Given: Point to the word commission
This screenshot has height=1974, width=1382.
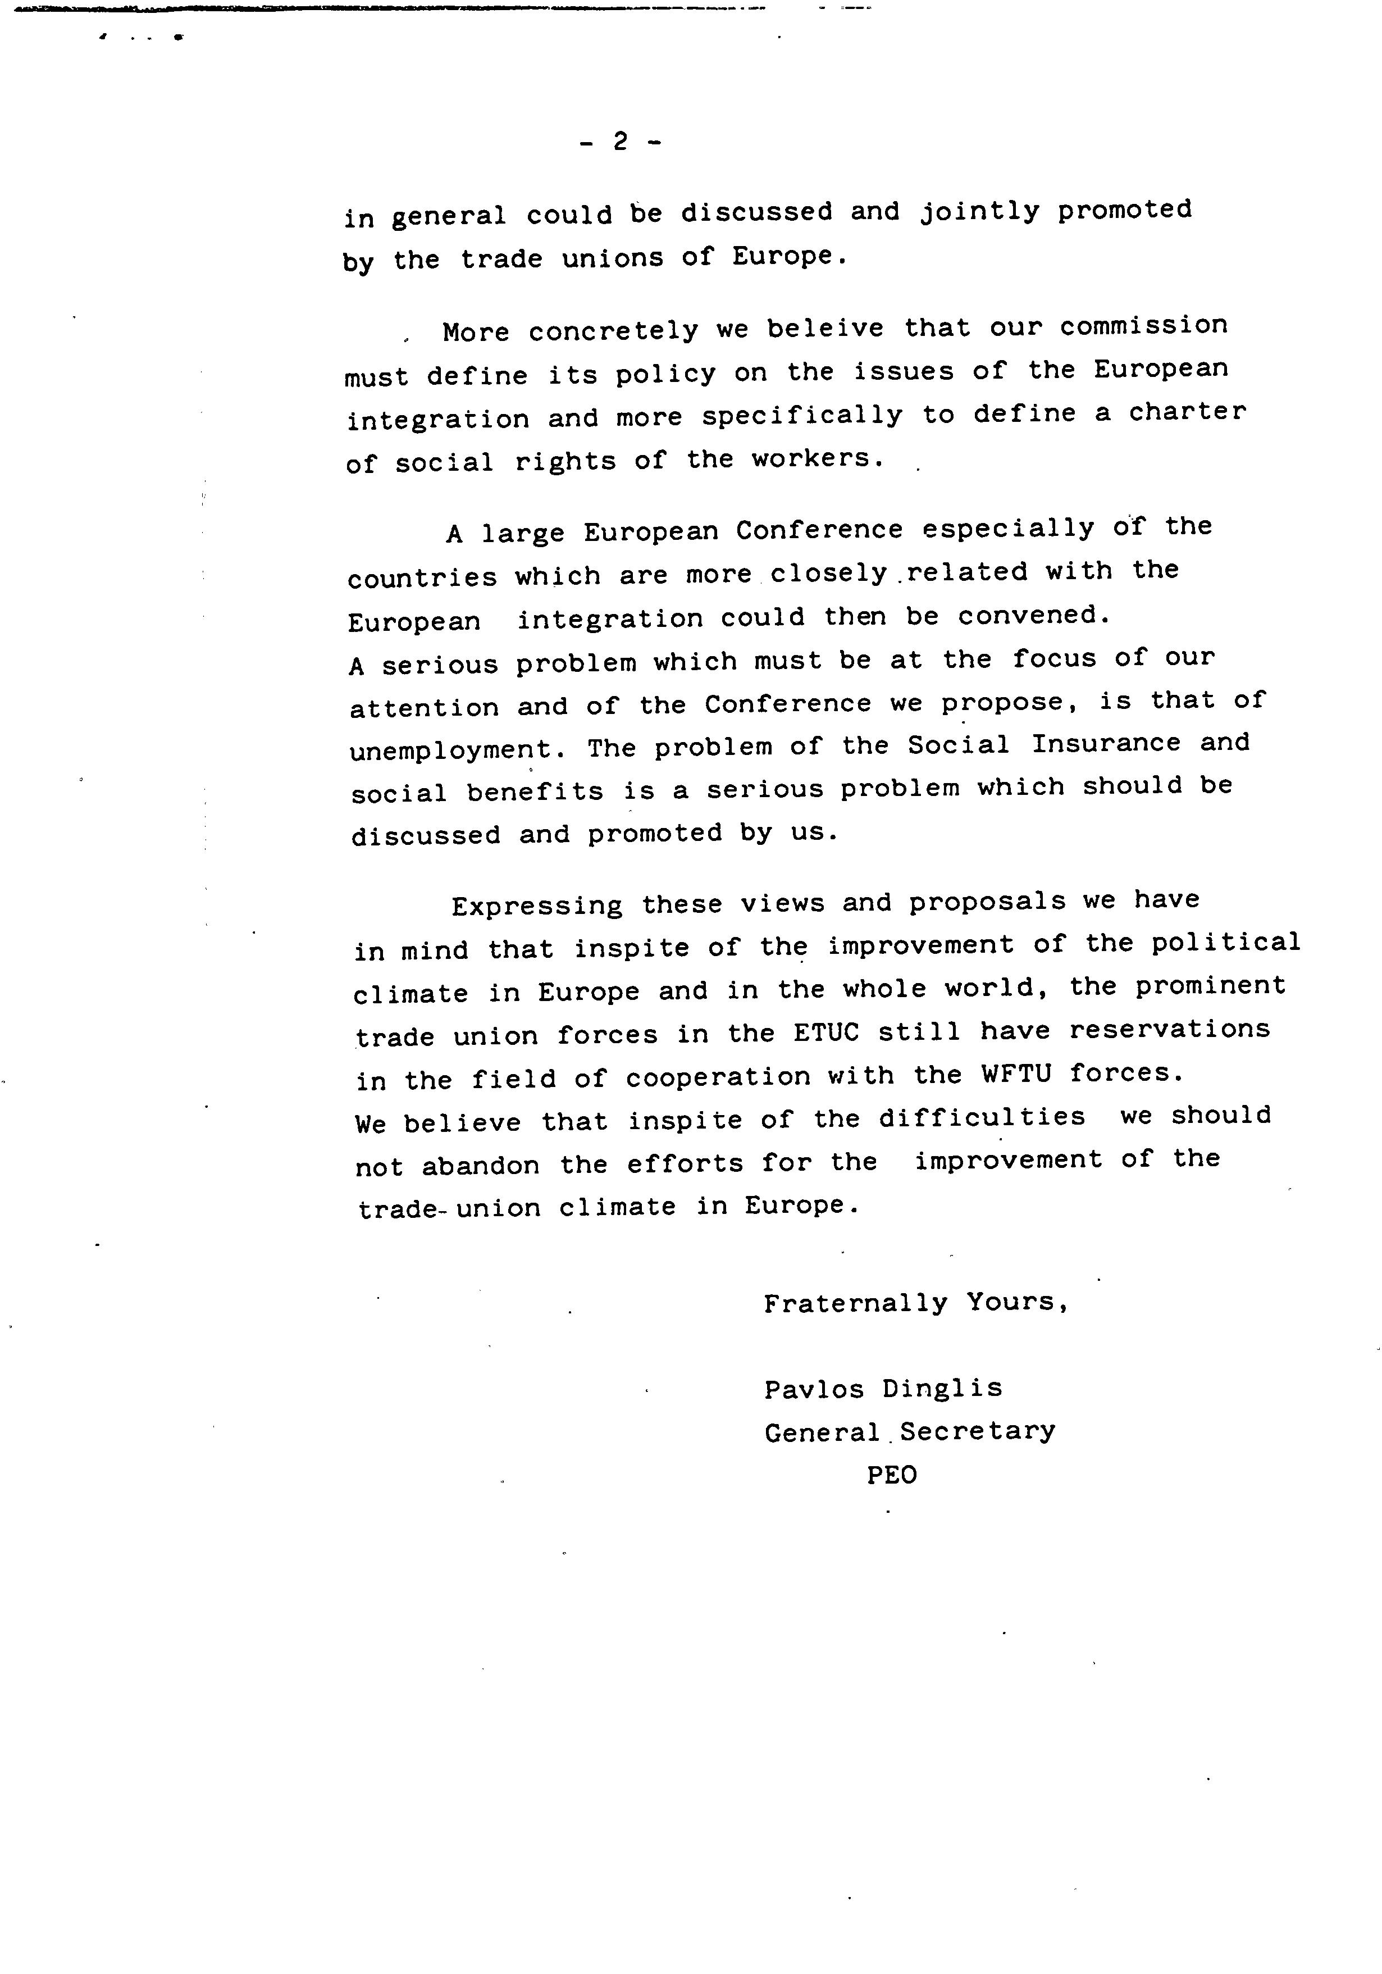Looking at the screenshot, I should coord(1143,326).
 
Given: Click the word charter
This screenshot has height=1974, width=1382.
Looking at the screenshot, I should coord(1187,413).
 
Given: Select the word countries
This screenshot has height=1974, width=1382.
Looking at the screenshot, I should coord(422,577).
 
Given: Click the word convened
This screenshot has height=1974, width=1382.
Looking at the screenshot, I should coord(1033,616).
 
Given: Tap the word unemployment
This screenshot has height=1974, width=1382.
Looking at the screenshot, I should coord(457,751).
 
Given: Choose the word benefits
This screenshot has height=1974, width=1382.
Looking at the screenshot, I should coord(535,791).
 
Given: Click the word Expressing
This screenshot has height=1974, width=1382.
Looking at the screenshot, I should coord(537,906).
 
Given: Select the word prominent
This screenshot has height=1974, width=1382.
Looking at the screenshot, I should coord(1210,986).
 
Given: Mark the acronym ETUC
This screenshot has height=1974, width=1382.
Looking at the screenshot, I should coord(827,1033).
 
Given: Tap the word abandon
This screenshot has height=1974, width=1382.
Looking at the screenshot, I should coord(481,1166).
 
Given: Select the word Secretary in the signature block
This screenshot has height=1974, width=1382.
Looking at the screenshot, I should coord(977,1431).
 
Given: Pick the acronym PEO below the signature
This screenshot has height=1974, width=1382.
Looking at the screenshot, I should coord(891,1475).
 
